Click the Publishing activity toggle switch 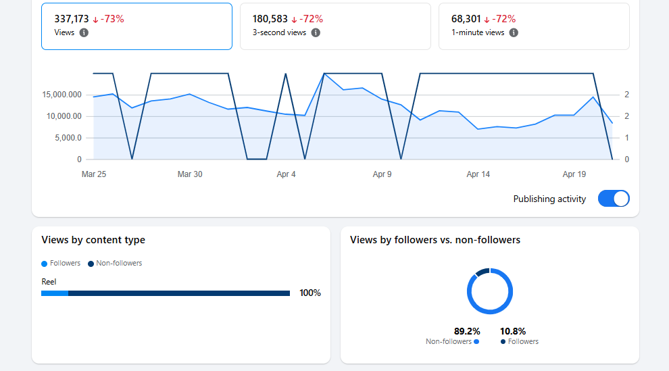pyautogui.click(x=614, y=199)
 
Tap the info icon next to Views pyautogui.click(x=84, y=32)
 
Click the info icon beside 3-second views pyautogui.click(x=316, y=32)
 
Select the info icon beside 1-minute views pyautogui.click(x=514, y=32)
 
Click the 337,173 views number pyautogui.click(x=72, y=19)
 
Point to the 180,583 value pyautogui.click(x=270, y=19)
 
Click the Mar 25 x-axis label pyautogui.click(x=94, y=174)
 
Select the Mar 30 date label pyautogui.click(x=190, y=174)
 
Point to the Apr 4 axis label pyautogui.click(x=286, y=174)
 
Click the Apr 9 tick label pyautogui.click(x=382, y=174)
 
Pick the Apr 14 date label pyautogui.click(x=478, y=174)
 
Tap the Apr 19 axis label pyautogui.click(x=574, y=174)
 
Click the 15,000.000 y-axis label pyautogui.click(x=61, y=95)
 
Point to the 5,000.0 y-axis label pyautogui.click(x=66, y=138)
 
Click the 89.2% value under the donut pyautogui.click(x=467, y=331)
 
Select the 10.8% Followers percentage pyautogui.click(x=513, y=331)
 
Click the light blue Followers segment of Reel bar pyautogui.click(x=55, y=293)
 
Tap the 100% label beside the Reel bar pyautogui.click(x=310, y=293)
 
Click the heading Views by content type pyautogui.click(x=93, y=240)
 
